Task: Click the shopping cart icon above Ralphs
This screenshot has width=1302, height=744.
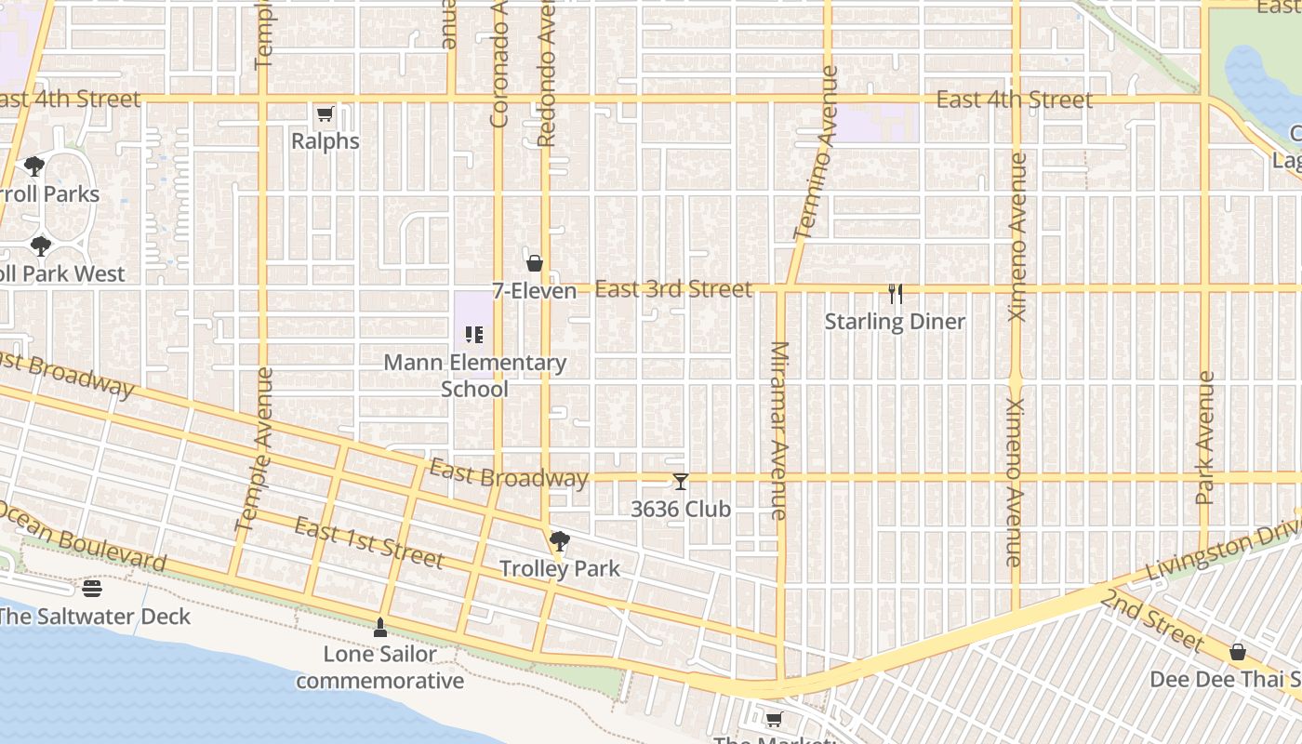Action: click(325, 114)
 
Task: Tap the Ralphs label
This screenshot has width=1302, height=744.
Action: click(325, 141)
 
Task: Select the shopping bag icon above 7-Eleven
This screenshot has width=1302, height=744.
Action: click(535, 263)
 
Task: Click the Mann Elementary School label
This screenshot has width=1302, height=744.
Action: click(474, 376)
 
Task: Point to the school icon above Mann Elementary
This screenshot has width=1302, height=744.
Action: click(474, 335)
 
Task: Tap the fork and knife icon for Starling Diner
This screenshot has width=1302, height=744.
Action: click(896, 294)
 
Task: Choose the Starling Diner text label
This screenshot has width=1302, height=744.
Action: click(896, 322)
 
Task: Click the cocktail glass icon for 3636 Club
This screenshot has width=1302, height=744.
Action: click(681, 482)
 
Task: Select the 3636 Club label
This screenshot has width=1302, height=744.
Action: click(681, 510)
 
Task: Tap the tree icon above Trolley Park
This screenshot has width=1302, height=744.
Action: click(559, 541)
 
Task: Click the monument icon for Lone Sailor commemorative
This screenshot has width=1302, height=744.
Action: click(379, 628)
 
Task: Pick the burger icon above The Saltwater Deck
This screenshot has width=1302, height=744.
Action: click(91, 589)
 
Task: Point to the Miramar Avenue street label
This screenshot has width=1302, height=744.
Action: click(779, 430)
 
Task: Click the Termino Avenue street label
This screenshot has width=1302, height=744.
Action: click(817, 153)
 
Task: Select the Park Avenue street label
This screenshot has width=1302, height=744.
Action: click(1206, 437)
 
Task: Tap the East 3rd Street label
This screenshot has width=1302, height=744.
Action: click(673, 289)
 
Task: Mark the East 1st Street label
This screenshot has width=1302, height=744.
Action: click(368, 543)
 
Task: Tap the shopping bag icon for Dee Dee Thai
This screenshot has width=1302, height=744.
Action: click(1237, 652)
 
